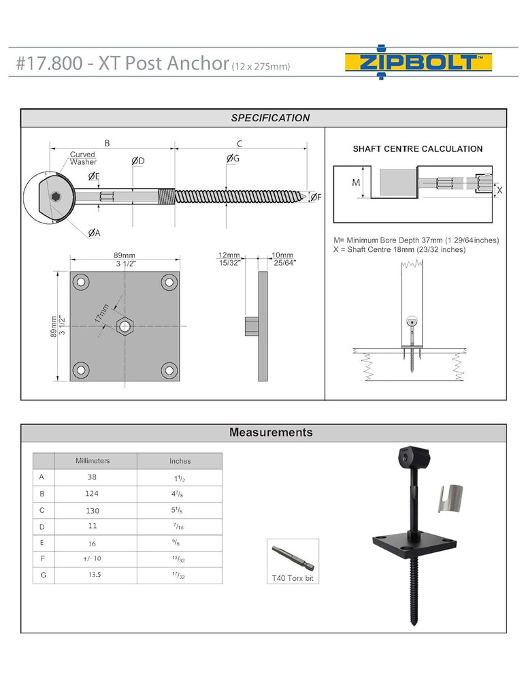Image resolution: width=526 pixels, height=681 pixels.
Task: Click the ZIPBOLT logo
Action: coord(418,63)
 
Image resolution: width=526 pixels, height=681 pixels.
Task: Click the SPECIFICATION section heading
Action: coord(270,118)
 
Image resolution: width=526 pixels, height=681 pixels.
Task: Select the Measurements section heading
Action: coord(271,432)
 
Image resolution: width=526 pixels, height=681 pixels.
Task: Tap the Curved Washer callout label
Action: coord(83,158)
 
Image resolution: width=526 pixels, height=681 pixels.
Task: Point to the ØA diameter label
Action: coord(94,233)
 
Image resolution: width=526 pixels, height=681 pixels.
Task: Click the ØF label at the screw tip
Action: coord(316,197)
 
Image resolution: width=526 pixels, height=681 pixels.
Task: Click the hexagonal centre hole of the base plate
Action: coord(125,326)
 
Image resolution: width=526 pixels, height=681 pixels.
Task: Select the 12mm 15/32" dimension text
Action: coord(229,259)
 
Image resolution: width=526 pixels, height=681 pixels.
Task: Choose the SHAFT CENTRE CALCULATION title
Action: coord(417,149)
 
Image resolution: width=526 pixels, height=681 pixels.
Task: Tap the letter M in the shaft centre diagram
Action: coord(355,183)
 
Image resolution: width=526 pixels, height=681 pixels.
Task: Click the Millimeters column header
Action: coord(93,461)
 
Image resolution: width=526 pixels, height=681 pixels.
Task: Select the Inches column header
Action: coord(180,461)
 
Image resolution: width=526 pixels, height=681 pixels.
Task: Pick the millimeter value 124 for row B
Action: coord(93,494)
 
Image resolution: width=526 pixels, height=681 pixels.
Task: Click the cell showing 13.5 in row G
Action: coord(93,575)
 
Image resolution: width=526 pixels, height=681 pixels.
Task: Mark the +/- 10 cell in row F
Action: coord(93,559)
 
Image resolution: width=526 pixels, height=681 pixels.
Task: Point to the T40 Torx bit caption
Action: coord(292,578)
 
